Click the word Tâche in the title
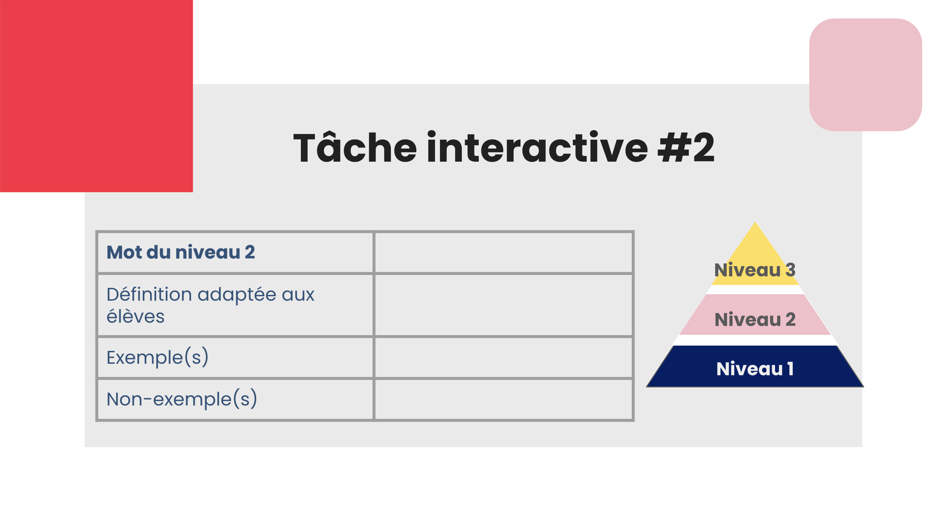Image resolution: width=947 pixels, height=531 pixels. (x=355, y=147)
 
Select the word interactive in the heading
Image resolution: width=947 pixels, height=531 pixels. (x=537, y=147)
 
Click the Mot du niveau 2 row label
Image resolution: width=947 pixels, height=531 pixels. (x=181, y=252)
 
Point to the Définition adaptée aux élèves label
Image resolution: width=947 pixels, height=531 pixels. (x=210, y=305)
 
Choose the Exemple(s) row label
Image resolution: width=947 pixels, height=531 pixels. (x=158, y=357)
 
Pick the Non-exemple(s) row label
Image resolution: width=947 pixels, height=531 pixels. (x=182, y=399)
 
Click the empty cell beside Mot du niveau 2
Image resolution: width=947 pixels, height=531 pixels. (x=503, y=252)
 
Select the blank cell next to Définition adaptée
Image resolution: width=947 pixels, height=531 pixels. (x=503, y=305)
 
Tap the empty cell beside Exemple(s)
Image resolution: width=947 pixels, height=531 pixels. (x=503, y=357)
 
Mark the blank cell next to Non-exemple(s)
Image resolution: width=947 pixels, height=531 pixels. (x=503, y=399)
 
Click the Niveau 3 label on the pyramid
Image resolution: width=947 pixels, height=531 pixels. (x=755, y=270)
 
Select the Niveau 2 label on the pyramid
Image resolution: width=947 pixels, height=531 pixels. (x=755, y=319)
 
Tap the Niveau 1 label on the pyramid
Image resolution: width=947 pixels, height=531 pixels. (x=755, y=369)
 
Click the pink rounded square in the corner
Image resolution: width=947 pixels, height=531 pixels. (x=865, y=75)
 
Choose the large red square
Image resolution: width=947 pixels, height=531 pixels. (x=96, y=96)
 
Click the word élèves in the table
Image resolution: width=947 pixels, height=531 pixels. (x=135, y=317)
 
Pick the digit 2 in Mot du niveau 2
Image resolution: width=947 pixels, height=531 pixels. (x=250, y=252)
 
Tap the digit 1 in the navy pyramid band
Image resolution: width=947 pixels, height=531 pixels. (x=790, y=369)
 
